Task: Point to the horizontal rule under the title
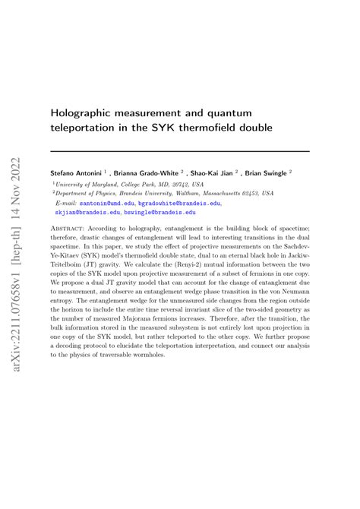click(179, 151)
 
